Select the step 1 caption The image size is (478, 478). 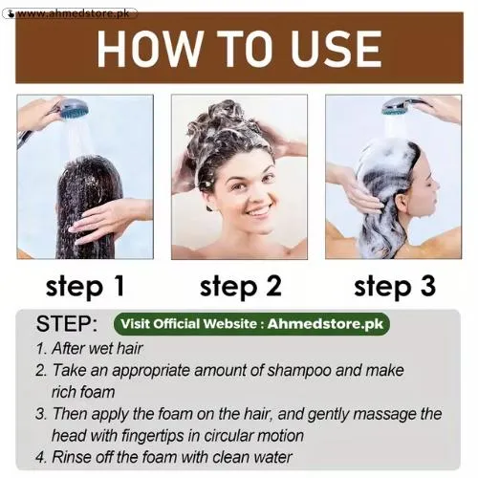(85, 285)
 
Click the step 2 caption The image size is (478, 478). (240, 285)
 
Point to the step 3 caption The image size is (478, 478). (394, 285)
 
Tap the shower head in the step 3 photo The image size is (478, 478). (402, 106)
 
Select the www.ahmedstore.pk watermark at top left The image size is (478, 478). (76, 14)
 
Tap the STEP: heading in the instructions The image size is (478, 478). (66, 322)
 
